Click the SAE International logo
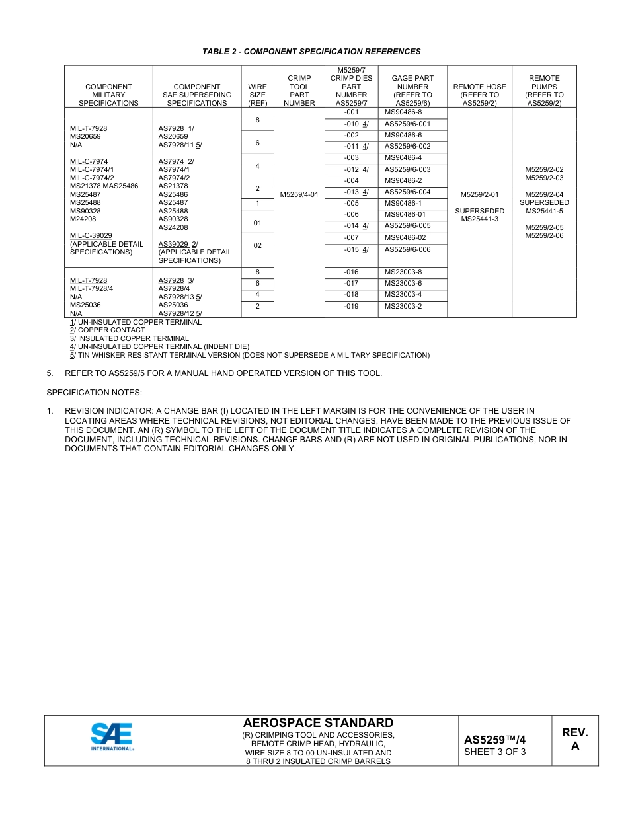click(112, 736)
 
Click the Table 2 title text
click(311, 52)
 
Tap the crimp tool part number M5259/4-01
click(299, 194)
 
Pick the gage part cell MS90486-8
click(403, 112)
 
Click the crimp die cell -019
click(351, 306)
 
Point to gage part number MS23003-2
click(403, 306)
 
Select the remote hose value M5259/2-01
click(479, 194)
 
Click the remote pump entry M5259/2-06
click(544, 236)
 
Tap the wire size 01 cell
click(257, 223)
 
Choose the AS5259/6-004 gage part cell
click(407, 192)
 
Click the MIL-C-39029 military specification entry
click(91, 235)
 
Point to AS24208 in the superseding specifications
click(173, 227)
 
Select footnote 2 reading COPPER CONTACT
click(108, 330)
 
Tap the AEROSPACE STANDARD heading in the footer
click(318, 722)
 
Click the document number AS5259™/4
click(495, 740)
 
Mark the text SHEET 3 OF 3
click(495, 752)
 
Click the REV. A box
click(574, 739)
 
